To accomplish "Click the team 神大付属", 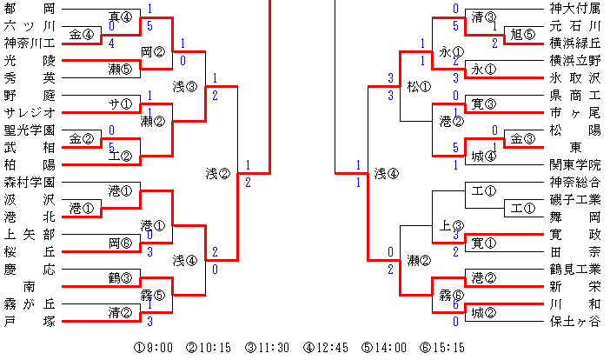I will tap(574, 8).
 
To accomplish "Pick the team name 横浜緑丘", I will tap(574, 43).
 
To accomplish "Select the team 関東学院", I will tap(574, 164).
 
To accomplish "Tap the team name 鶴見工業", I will tap(574, 270).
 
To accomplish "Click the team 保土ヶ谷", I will tap(574, 321).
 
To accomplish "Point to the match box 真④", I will tap(120, 17).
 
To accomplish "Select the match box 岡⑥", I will tap(120, 243).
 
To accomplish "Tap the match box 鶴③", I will tap(120, 278).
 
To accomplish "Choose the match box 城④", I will tap(483, 157).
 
